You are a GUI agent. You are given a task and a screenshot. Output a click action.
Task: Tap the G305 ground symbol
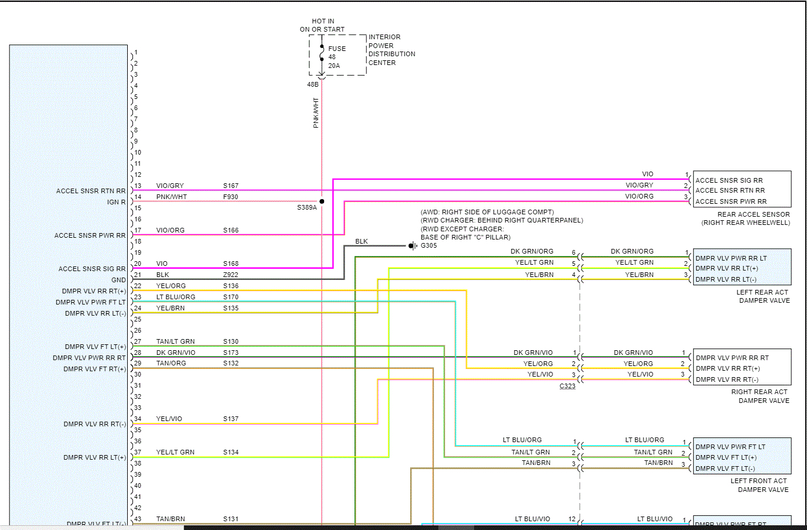pos(413,245)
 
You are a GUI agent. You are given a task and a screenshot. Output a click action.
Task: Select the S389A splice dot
pos(322,201)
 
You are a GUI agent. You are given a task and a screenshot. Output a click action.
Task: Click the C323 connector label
pos(567,386)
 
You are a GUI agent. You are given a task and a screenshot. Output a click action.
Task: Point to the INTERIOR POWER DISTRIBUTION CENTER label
pos(391,50)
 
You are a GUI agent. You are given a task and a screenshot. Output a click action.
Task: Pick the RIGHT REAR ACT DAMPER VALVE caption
pos(760,396)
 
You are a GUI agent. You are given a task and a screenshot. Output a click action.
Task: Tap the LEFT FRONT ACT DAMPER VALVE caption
pos(760,485)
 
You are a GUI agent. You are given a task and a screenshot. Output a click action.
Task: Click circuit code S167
pos(231,186)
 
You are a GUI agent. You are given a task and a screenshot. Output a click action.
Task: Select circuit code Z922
pos(231,275)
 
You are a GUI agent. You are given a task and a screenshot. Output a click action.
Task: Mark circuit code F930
pos(231,197)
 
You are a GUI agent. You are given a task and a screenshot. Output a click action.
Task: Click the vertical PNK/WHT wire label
pos(316,113)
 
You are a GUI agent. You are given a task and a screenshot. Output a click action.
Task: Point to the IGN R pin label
pos(117,202)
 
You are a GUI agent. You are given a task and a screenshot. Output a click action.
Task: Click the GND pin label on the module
pos(119,280)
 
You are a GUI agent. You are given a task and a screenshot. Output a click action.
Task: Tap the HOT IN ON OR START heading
pos(322,25)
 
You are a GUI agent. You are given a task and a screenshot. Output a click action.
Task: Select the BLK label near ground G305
pos(362,241)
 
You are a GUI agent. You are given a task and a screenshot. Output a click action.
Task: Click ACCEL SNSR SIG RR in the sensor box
pos(729,180)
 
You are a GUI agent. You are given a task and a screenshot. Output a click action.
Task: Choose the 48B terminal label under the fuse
pos(313,84)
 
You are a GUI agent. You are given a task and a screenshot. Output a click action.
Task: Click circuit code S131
pos(231,519)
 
